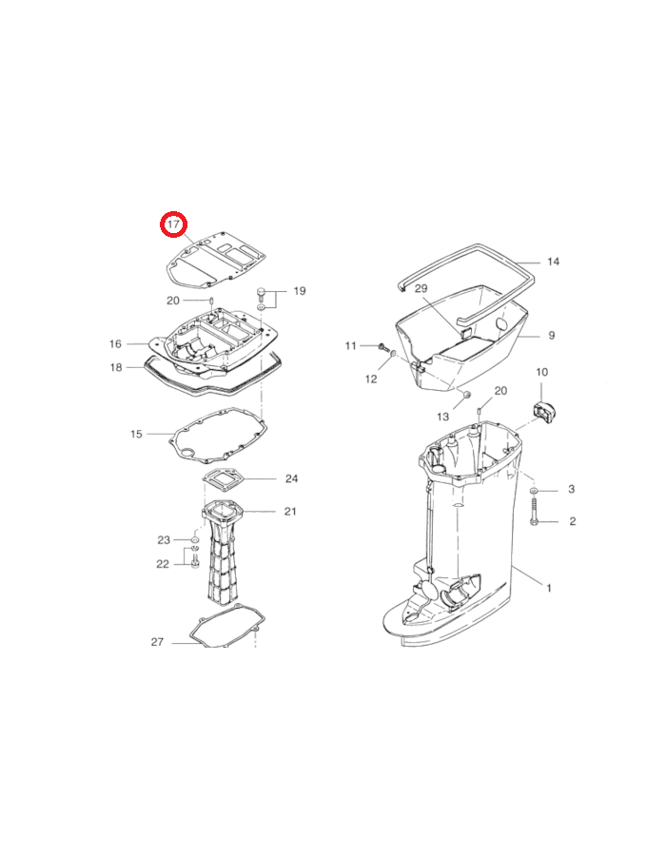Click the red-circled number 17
point(173,224)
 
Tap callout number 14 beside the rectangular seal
point(553,262)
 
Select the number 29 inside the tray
point(421,288)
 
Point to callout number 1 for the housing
point(549,588)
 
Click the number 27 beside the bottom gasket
point(157,642)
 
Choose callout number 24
point(291,478)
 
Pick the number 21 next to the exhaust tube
point(290,512)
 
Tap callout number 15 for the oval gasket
point(136,434)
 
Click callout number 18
point(116,367)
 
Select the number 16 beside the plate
point(115,344)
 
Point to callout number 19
point(299,291)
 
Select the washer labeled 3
point(534,491)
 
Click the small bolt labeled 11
point(382,346)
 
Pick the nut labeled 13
point(466,394)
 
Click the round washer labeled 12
point(393,357)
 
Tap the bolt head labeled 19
point(261,293)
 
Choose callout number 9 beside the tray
point(552,335)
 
